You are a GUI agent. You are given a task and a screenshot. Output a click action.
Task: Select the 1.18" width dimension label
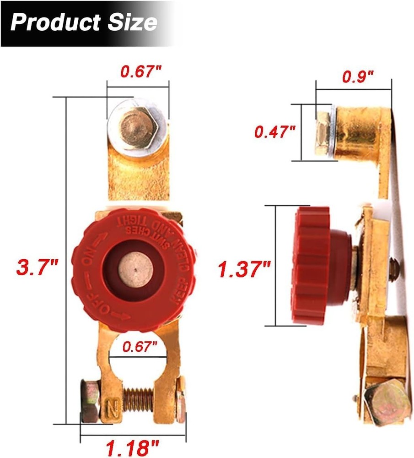coord(133,446)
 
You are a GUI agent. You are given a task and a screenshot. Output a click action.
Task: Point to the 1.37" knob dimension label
coord(244,269)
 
